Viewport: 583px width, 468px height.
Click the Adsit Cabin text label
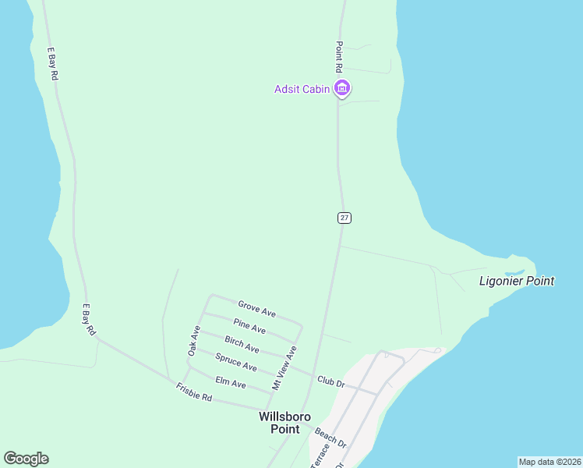pos(302,89)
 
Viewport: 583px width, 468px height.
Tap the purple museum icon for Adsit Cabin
pos(341,89)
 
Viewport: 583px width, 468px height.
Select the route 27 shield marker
pos(344,218)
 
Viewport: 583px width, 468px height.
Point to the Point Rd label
pos(339,58)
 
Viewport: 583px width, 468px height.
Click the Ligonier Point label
pos(516,281)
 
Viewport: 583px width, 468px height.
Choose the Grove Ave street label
pos(256,309)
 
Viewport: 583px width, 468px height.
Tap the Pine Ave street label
pos(249,326)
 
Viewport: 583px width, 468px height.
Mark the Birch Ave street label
pos(242,344)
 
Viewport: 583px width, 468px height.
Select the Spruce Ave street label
pos(235,363)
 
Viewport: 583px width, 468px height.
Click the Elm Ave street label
pos(230,384)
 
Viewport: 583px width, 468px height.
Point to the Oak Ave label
pos(194,342)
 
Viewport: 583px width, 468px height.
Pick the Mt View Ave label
pos(284,368)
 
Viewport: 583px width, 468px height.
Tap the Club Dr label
pos(330,381)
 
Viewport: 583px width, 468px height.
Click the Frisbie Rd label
pos(194,392)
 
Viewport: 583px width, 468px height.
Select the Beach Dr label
pos(330,437)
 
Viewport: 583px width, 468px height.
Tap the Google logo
pos(26,459)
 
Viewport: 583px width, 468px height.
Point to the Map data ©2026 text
pos(549,462)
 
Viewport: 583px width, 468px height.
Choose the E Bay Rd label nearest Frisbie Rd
pos(88,320)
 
